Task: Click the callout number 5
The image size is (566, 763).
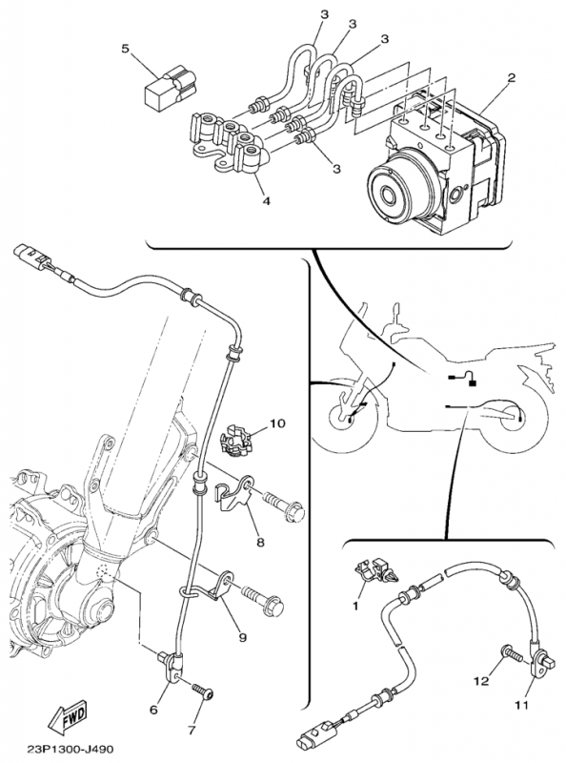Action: [x=126, y=50]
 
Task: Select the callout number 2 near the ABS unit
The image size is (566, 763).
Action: [x=511, y=78]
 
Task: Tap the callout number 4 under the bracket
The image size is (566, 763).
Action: [x=266, y=200]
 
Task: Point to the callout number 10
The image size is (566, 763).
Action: [x=277, y=423]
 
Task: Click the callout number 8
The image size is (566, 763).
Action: [x=261, y=541]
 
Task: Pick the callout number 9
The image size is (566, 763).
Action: [x=243, y=637]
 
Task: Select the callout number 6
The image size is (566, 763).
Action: [x=153, y=710]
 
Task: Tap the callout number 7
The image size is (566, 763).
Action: [x=192, y=730]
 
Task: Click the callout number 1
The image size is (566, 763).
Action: [x=355, y=606]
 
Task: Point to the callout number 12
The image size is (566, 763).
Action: [x=481, y=681]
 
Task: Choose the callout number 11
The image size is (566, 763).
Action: [x=521, y=704]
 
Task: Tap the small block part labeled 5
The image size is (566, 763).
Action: [x=171, y=88]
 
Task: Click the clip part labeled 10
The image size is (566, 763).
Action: [x=235, y=441]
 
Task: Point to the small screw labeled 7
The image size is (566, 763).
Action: [x=203, y=691]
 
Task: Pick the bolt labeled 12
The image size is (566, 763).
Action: [x=512, y=652]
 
